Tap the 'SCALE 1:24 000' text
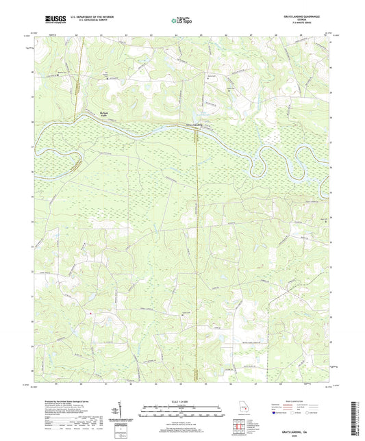click(181, 401)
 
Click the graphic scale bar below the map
click(181, 412)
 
